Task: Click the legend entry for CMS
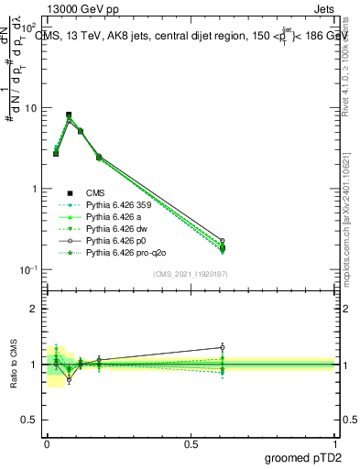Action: pos(97,192)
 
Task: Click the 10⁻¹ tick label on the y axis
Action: pos(28,269)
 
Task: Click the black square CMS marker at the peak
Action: pos(69,115)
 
